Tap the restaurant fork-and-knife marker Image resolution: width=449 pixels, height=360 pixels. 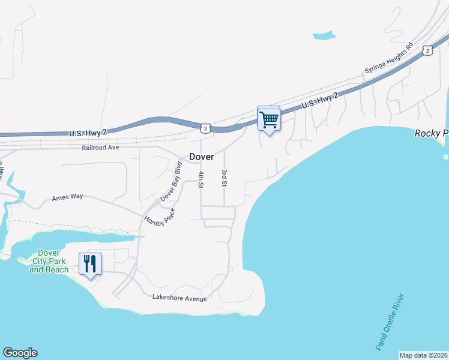(90, 264)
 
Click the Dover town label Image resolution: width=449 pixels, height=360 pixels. (202, 156)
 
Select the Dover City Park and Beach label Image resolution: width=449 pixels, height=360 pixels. (49, 262)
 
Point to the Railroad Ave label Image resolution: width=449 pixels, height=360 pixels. (101, 147)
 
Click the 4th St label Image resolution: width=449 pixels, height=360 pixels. (201, 179)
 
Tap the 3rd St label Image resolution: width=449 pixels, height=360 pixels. (224, 178)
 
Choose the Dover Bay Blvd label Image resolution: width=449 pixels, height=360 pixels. (171, 181)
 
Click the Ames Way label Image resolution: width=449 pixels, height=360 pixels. (67, 197)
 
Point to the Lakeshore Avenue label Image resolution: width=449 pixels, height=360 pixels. (179, 298)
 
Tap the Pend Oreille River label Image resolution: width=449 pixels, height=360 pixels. (389, 322)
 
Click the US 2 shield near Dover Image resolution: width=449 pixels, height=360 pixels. (205, 128)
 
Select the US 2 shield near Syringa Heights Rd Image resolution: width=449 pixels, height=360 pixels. (427, 50)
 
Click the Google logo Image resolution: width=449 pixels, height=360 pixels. (20, 353)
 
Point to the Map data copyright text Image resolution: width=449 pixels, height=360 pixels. (424, 355)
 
